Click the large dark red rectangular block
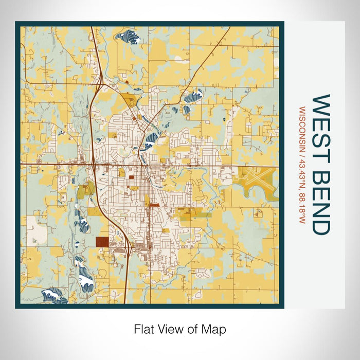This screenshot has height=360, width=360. click(x=102, y=242)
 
